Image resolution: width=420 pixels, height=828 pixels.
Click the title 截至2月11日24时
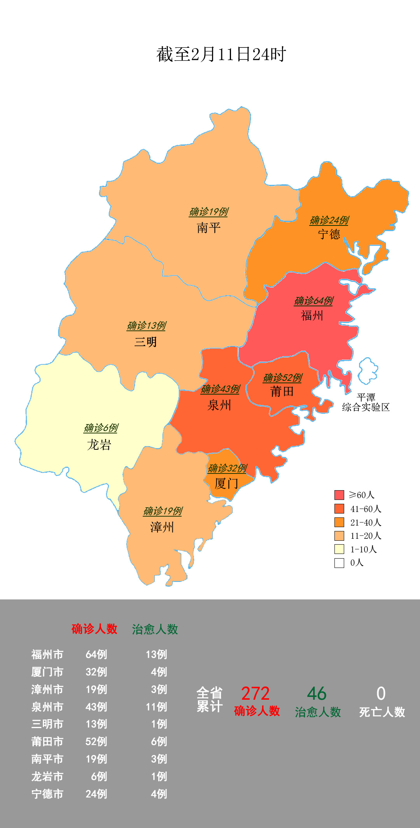(221, 54)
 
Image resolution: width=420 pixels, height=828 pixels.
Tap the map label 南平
(208, 228)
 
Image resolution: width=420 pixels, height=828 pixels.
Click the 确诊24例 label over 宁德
(329, 220)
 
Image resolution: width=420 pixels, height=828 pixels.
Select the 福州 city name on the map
(312, 315)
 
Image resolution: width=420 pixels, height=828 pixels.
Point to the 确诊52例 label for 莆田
(282, 378)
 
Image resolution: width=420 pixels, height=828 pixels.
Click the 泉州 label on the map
(219, 405)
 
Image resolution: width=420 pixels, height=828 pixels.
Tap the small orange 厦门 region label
(226, 484)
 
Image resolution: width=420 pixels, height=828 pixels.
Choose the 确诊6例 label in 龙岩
(101, 428)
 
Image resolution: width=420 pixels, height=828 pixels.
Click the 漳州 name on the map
(162, 528)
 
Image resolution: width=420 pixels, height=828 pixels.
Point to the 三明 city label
(145, 342)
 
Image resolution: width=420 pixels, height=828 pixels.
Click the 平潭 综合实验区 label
(366, 402)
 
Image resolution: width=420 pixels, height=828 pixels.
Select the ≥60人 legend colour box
(339, 495)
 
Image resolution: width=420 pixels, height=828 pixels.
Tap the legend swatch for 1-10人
(339, 549)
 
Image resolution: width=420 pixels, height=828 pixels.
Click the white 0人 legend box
(339, 563)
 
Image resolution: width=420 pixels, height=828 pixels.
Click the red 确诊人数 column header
(94, 629)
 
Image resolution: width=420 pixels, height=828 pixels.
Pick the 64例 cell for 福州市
(96, 655)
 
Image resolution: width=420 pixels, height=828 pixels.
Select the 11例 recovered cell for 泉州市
(156, 707)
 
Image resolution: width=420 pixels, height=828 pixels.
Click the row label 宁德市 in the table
(47, 794)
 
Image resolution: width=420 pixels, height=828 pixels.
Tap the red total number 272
(255, 694)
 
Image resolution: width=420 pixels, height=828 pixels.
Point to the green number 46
(317, 694)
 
